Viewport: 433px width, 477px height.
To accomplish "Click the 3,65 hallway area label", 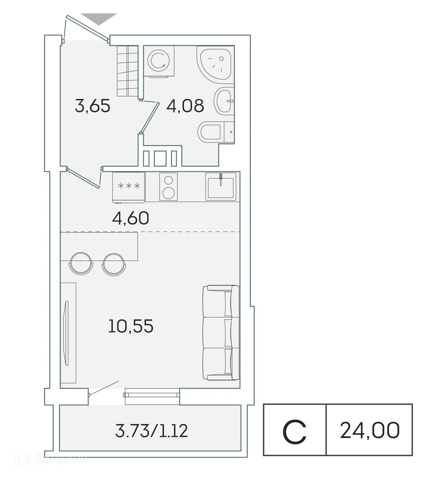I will (x=92, y=106).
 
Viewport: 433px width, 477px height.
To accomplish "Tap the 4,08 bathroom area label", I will (x=185, y=106).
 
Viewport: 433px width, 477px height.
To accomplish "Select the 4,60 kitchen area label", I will (x=130, y=218).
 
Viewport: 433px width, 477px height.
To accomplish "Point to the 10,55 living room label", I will (x=130, y=326).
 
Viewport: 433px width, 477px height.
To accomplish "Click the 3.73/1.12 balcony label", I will (x=151, y=431).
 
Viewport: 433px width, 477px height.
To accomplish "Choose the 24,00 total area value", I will (x=370, y=431).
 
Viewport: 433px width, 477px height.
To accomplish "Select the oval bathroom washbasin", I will (x=223, y=101).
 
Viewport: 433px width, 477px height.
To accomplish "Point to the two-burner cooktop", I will (x=168, y=187).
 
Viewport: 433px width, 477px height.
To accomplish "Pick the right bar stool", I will (x=114, y=264).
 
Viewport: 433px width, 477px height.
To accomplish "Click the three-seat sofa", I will (x=221, y=332).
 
